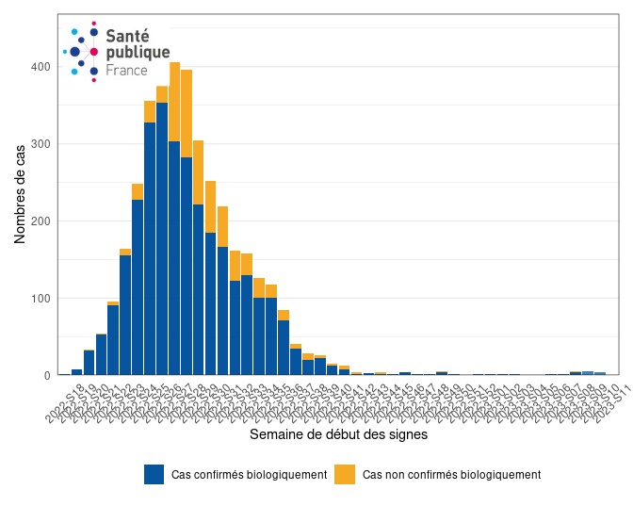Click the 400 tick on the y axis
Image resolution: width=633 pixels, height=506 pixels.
click(x=40, y=67)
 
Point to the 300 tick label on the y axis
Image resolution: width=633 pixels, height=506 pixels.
click(x=40, y=144)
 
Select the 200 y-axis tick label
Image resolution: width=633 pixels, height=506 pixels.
click(x=40, y=221)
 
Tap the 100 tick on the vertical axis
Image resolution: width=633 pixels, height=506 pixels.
click(x=40, y=299)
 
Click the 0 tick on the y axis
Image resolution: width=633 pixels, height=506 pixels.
click(x=45, y=375)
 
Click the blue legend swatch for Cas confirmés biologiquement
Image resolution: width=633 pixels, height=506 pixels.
click(x=154, y=474)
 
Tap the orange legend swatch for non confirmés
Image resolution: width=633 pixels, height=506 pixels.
click(x=346, y=474)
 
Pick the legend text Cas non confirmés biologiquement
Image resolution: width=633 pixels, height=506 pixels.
click(x=451, y=475)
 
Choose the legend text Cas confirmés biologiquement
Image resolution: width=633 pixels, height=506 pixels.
click(x=249, y=475)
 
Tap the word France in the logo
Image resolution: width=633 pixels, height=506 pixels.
click(x=127, y=70)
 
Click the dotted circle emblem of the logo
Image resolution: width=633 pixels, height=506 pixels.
click(x=82, y=51)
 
